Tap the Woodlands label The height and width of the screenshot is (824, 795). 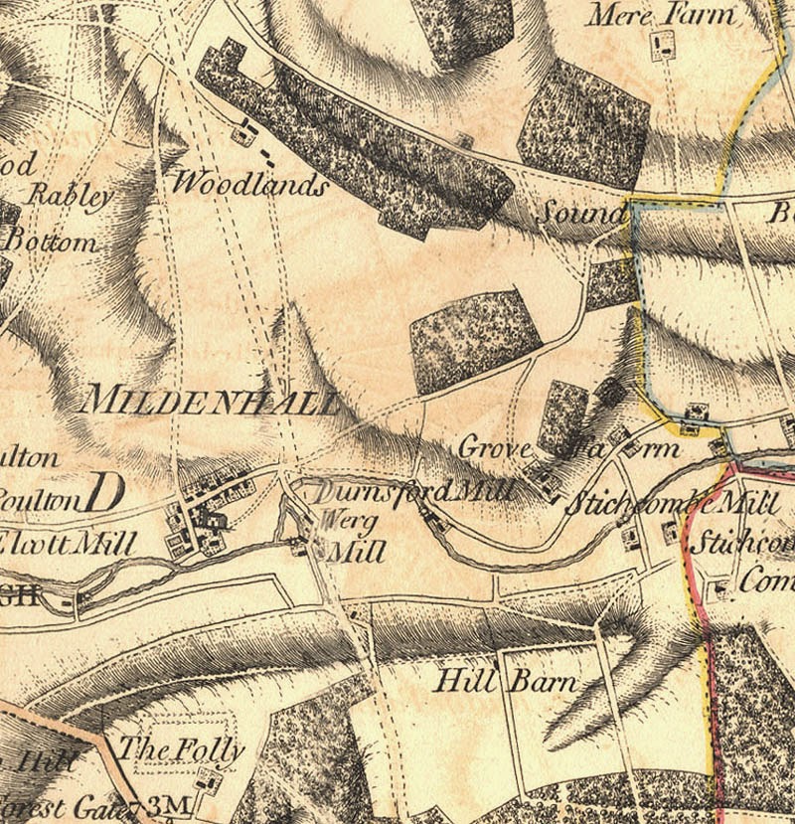248,184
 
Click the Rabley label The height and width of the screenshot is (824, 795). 70,195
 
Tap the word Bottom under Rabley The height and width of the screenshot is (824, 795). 52,242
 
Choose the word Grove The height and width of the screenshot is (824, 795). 496,449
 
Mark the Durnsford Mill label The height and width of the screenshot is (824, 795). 415,491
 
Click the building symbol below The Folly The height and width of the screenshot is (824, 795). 209,781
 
